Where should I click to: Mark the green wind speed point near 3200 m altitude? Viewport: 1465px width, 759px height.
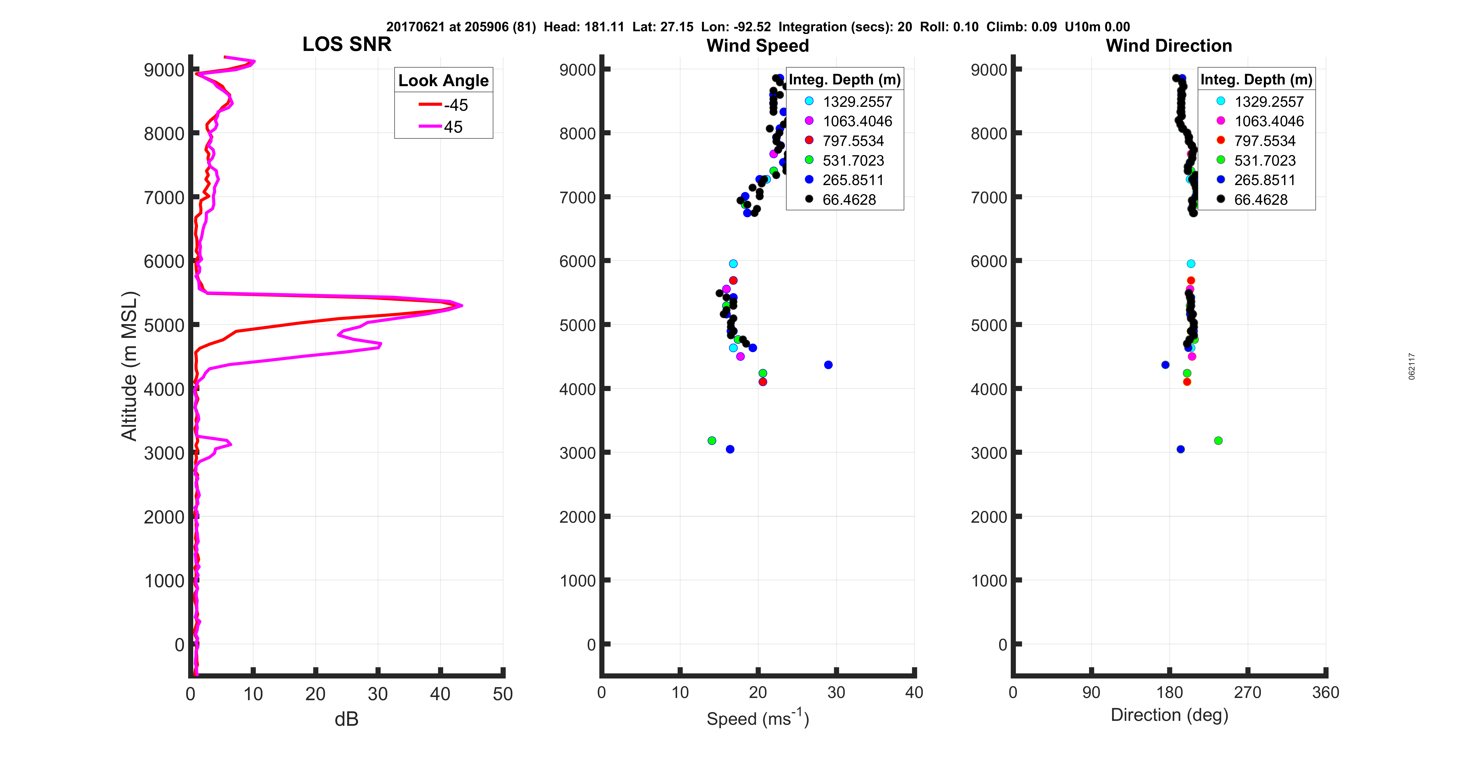coord(712,441)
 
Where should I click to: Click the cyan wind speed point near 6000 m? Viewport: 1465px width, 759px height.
coord(733,264)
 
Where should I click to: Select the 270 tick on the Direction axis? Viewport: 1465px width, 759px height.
coord(1247,693)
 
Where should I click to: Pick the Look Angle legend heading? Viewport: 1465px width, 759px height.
coord(443,81)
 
